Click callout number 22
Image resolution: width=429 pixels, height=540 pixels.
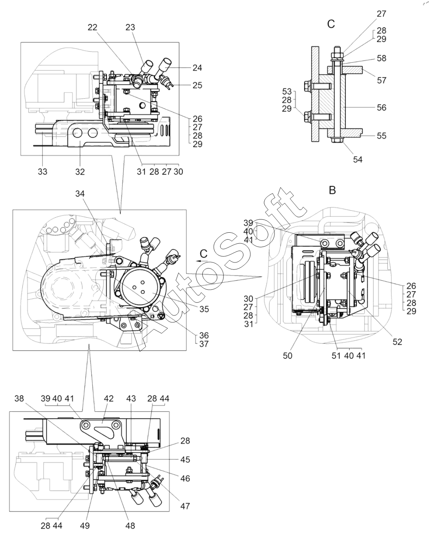coord(93,27)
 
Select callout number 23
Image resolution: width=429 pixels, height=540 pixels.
coord(130,27)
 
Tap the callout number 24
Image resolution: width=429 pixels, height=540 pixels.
coord(197,68)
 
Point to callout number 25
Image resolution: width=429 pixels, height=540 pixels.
coord(197,85)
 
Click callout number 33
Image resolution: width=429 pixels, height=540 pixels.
coord(42,172)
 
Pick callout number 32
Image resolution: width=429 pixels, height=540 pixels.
coord(80,172)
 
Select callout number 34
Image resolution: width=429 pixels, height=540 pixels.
coord(80,194)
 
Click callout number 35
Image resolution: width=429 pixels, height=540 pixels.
coord(204,309)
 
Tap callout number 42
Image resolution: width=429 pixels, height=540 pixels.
coord(109,399)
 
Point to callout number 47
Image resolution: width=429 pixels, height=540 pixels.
coord(185,506)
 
